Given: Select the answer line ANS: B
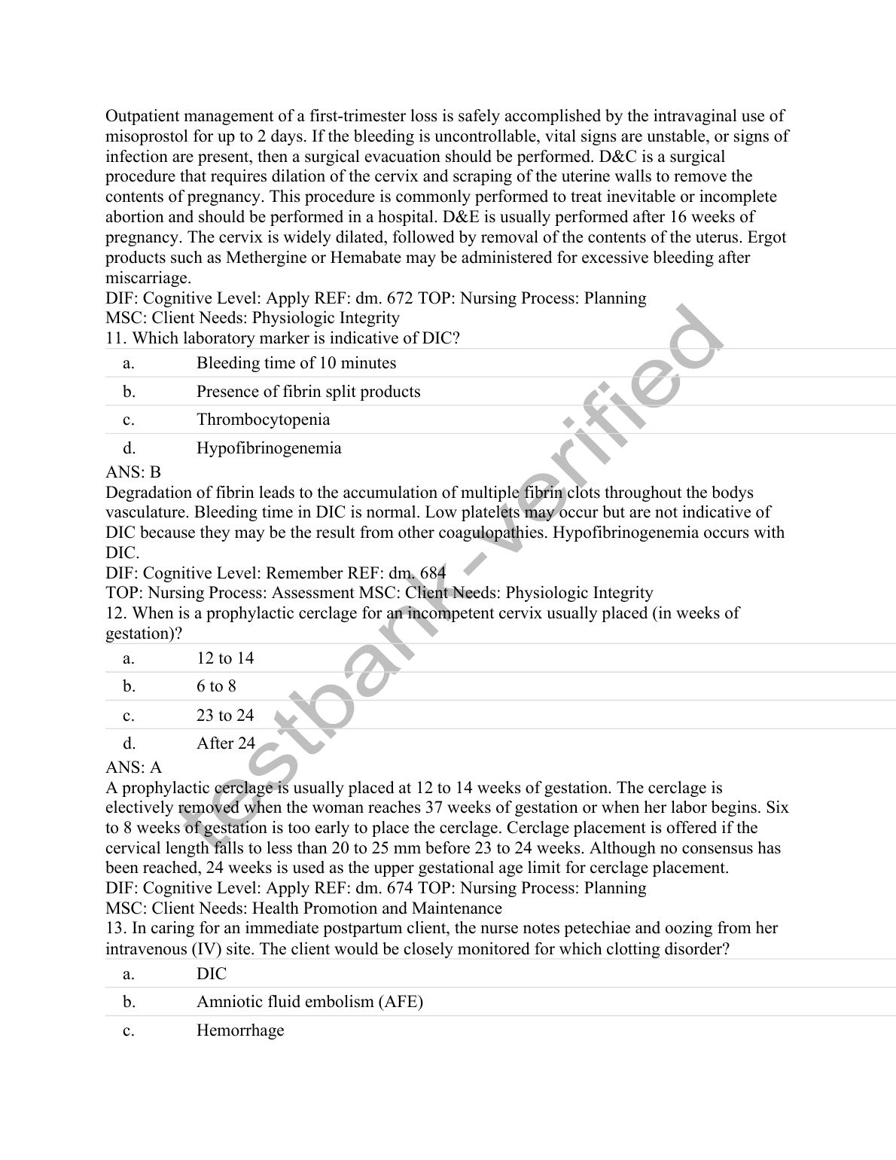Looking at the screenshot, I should pyautogui.click(x=133, y=472).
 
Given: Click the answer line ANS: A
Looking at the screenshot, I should pyautogui.click(x=133, y=768).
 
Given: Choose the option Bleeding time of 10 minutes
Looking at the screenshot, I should pyautogui.click(x=296, y=363).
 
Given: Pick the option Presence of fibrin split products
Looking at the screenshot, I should pyautogui.click(x=308, y=392).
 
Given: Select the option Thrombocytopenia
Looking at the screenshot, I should pyautogui.click(x=263, y=420).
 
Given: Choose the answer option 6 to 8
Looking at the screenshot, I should pyautogui.click(x=216, y=686).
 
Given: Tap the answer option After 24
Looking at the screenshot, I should pyautogui.click(x=226, y=743).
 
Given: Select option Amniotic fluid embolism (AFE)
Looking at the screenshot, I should pyautogui.click(x=309, y=1002).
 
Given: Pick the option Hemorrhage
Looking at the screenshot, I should pyautogui.click(x=240, y=1030).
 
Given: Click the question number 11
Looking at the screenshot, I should pyautogui.click(x=115, y=338).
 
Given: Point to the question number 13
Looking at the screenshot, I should pyautogui.click(x=116, y=929).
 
